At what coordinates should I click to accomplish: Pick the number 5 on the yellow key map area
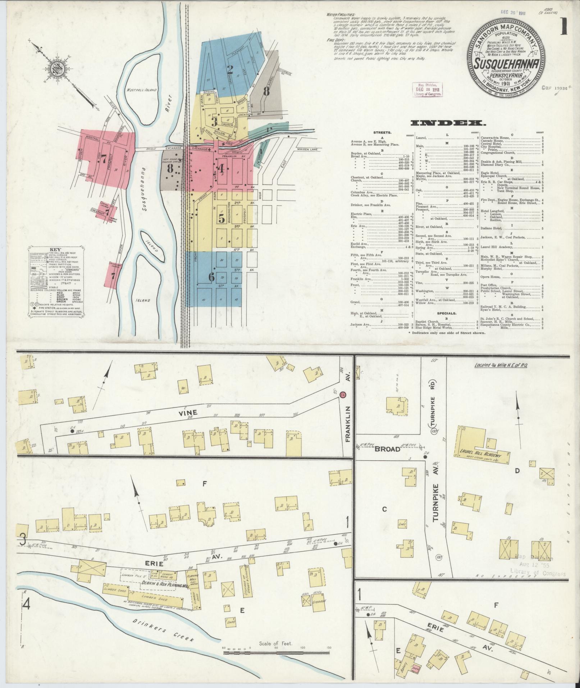pyautogui.click(x=222, y=218)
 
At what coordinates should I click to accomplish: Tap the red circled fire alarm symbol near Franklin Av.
pyautogui.click(x=343, y=395)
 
